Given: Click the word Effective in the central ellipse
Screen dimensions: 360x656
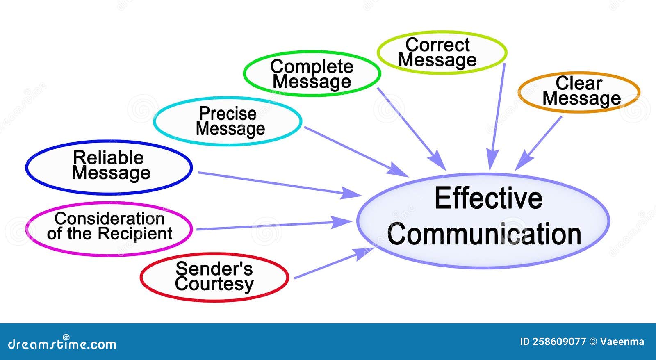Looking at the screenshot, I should tap(488, 198).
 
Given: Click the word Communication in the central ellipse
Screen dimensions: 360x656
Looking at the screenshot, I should tap(484, 235).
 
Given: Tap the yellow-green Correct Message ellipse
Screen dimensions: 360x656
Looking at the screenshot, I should tap(441, 52).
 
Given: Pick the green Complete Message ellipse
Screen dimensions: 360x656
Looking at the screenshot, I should tap(312, 74).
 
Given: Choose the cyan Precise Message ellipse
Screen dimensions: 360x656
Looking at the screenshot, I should tap(228, 121).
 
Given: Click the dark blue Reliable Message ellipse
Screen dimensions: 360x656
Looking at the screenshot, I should tap(109, 166).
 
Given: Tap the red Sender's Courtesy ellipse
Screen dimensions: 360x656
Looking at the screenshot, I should tap(214, 277).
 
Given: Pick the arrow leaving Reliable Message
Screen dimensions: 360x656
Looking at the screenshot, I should tap(275, 183).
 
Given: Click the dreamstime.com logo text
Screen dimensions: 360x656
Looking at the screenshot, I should tap(62, 344).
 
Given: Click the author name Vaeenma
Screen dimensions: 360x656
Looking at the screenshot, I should tap(622, 342).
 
